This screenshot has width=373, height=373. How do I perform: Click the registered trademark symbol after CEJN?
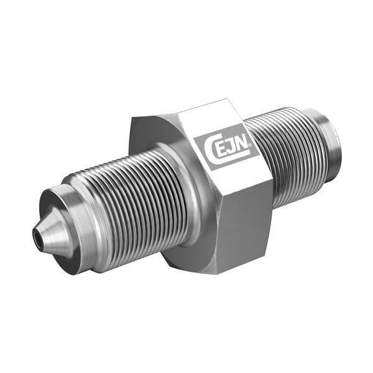(x=251, y=145)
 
